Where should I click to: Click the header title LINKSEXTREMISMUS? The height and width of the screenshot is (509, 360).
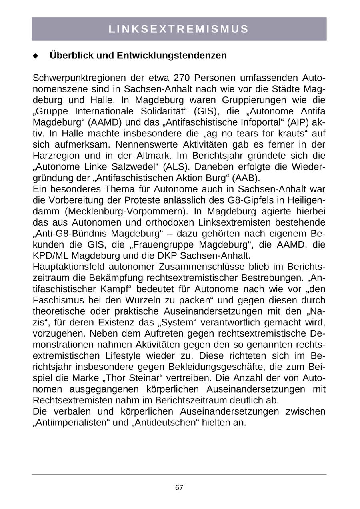click(179, 29)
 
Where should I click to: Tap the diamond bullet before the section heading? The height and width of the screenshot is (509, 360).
click(35, 56)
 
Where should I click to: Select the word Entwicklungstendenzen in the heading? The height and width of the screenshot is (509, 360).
click(172, 56)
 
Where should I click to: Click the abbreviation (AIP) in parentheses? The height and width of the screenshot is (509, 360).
click(298, 122)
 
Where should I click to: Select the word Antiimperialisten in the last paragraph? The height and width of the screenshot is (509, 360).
click(71, 423)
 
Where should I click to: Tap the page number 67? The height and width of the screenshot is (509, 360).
click(179, 488)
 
